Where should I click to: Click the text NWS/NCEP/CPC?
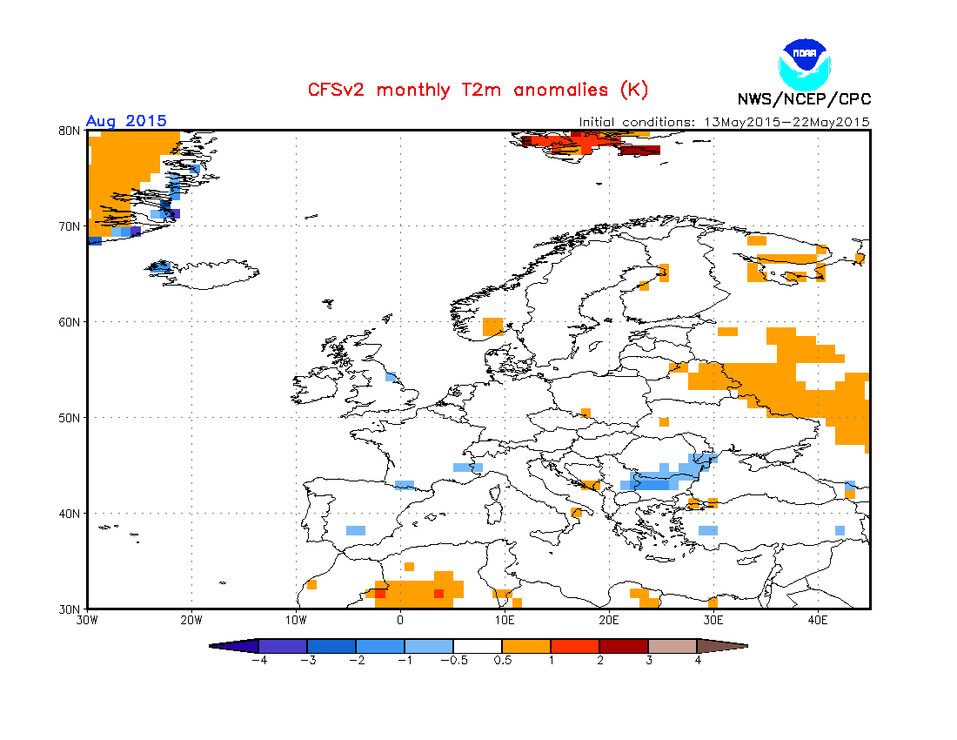click(804, 99)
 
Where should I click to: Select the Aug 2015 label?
click(126, 121)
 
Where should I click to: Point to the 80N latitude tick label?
click(70, 131)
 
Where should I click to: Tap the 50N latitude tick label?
click(70, 418)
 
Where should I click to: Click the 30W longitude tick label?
click(86, 620)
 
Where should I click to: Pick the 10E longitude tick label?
click(505, 620)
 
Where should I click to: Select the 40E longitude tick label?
click(818, 620)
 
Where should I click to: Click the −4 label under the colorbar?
click(258, 660)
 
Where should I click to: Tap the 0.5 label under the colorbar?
click(502, 660)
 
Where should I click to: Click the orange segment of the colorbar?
click(526, 646)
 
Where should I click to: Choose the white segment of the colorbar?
click(478, 646)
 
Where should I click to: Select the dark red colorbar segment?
click(624, 646)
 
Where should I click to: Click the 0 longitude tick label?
click(400, 620)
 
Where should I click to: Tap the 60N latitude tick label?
click(70, 322)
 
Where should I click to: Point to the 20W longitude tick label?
click(191, 620)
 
